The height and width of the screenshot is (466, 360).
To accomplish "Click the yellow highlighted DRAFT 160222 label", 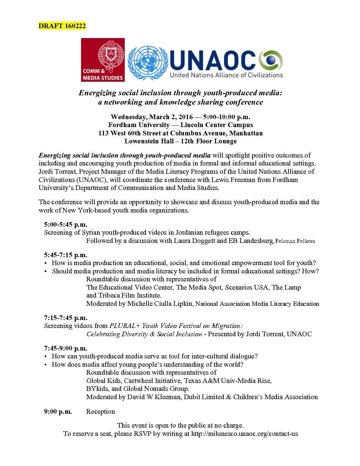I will click(x=62, y=26).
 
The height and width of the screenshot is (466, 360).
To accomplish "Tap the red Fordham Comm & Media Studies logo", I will click(x=103, y=60).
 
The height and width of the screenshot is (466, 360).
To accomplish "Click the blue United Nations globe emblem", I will click(x=148, y=63).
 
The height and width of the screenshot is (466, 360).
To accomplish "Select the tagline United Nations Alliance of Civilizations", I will click(x=226, y=75).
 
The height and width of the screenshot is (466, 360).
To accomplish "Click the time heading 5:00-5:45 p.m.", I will click(x=66, y=224).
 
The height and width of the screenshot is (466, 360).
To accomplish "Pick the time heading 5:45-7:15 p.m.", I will click(x=66, y=255).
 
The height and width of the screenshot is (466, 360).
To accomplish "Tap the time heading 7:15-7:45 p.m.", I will click(x=66, y=318).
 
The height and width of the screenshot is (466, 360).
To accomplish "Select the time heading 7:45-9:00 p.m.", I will click(x=66, y=348).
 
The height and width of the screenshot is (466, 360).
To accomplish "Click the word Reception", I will click(x=101, y=411).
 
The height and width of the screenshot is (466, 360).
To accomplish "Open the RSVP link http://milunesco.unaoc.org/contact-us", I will click(x=245, y=434).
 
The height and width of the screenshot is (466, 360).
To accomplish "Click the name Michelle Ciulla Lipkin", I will click(x=160, y=303).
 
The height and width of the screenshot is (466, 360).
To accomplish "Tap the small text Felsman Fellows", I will click(x=295, y=241).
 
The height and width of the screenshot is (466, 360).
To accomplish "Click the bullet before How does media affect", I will click(x=46, y=365).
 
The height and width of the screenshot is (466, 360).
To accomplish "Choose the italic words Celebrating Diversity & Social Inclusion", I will click(x=144, y=334).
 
